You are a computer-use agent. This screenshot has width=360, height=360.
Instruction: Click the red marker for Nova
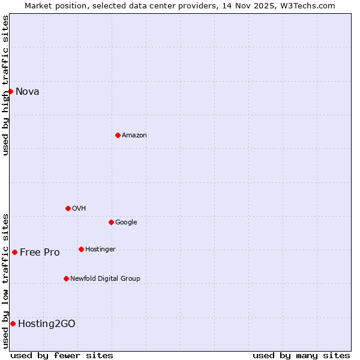click(10, 91)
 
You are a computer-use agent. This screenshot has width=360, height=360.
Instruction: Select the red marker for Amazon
click(118, 135)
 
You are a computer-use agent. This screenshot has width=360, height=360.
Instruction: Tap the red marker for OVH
click(68, 208)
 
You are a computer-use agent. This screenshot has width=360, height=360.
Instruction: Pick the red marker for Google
click(111, 222)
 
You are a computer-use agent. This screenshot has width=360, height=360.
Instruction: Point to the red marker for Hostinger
click(81, 249)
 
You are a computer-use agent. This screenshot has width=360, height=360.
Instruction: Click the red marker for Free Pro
click(14, 252)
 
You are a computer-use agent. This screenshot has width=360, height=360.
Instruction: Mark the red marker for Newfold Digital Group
click(66, 278)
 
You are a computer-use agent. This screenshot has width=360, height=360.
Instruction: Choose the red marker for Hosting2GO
click(13, 323)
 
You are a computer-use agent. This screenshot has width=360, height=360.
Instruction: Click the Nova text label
click(27, 92)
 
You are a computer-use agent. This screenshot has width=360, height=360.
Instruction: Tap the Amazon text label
click(134, 136)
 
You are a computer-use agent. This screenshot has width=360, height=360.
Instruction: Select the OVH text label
click(79, 209)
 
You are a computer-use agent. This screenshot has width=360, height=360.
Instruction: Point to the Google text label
click(126, 223)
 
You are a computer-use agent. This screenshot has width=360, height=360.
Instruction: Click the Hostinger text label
click(100, 250)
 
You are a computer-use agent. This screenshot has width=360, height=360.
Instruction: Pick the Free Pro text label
click(40, 253)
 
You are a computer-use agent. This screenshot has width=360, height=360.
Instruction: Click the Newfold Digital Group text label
click(105, 279)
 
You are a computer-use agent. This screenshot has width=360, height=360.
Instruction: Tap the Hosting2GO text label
click(46, 324)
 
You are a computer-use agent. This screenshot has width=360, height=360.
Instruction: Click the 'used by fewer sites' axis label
click(62, 356)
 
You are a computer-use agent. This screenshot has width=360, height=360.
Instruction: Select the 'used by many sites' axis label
click(301, 356)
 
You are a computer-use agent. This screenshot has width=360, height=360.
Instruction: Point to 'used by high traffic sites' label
click(6, 85)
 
